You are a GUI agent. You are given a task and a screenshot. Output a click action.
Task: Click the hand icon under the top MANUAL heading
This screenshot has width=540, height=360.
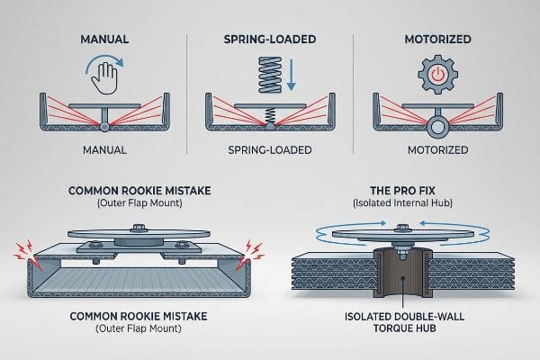pyautogui.click(x=104, y=78)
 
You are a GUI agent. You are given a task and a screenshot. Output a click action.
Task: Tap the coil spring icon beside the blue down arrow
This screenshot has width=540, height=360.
pyautogui.click(x=270, y=75)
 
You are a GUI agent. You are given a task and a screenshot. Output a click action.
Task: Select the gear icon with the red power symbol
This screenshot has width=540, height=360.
pyautogui.click(x=437, y=75)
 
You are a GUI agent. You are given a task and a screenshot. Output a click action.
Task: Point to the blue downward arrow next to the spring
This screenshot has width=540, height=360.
pyautogui.click(x=292, y=75)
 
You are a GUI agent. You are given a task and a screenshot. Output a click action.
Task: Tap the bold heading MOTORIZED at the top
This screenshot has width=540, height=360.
pyautogui.click(x=437, y=39)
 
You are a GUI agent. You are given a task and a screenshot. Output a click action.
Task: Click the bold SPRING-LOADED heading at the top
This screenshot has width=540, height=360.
pyautogui.click(x=270, y=39)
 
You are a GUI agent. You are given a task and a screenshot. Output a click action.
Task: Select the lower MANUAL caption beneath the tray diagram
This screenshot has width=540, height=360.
pyautogui.click(x=104, y=150)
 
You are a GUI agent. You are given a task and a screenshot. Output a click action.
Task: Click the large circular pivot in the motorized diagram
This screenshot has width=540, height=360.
pyautogui.click(x=437, y=127)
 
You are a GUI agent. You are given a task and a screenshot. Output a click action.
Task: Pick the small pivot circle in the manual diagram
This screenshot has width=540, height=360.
pyautogui.click(x=104, y=127)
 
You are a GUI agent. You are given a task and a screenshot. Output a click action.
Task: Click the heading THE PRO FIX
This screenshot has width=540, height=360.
pyautogui.click(x=402, y=191)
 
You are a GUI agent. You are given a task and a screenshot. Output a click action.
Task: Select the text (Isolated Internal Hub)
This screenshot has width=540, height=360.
pyautogui.click(x=402, y=202)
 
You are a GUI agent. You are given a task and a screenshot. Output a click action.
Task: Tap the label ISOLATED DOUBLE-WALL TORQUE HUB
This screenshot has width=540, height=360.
pyautogui.click(x=404, y=322)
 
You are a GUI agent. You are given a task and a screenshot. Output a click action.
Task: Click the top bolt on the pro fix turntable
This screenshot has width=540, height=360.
pyautogui.click(x=402, y=229)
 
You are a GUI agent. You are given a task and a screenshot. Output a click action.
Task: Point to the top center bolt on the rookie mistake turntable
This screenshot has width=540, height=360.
pyautogui.click(x=139, y=229)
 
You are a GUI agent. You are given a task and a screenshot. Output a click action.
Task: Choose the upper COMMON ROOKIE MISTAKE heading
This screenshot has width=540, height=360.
pyautogui.click(x=139, y=191)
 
